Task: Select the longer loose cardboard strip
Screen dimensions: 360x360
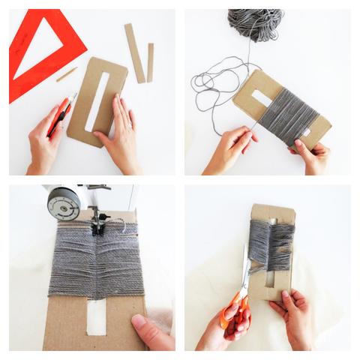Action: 135,52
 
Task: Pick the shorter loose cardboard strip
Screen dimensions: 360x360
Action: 150,61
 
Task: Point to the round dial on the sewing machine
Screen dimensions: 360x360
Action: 64,202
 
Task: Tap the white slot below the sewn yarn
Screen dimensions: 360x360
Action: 97,319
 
